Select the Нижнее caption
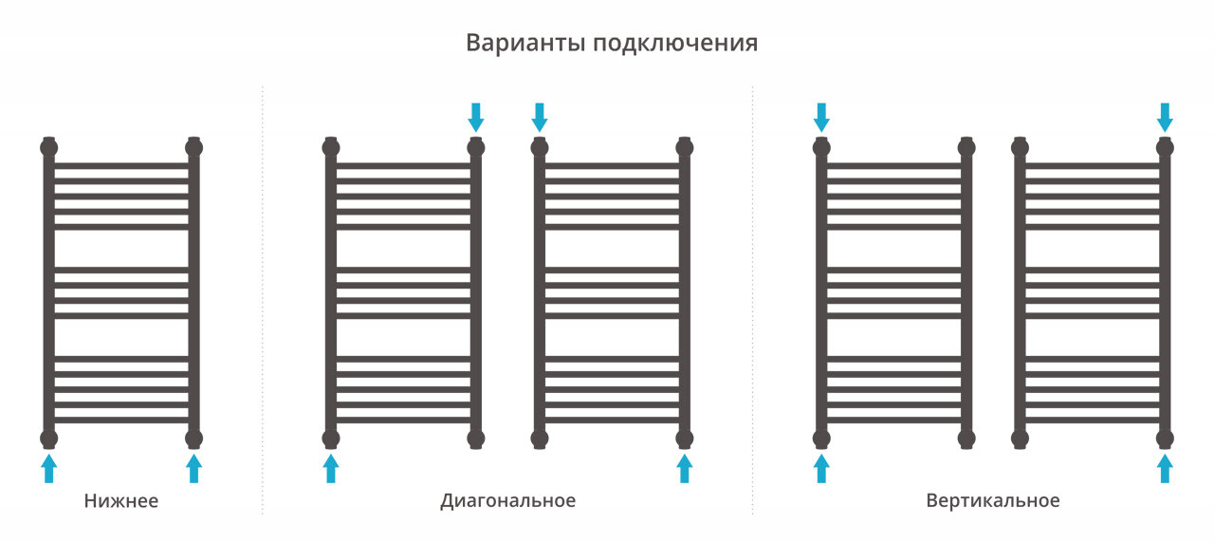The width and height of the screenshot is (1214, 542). tap(121, 500)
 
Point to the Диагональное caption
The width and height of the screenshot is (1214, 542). tap(507, 500)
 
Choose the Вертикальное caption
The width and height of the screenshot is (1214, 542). tap(993, 500)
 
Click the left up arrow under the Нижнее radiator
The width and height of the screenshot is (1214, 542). tap(49, 468)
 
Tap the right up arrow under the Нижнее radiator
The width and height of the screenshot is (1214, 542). tap(194, 468)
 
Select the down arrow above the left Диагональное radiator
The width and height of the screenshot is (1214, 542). tap(476, 117)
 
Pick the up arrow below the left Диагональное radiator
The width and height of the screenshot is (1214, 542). tap(331, 468)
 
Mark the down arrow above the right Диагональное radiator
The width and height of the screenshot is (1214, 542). tap(540, 117)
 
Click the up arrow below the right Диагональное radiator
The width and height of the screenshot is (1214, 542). tap(685, 468)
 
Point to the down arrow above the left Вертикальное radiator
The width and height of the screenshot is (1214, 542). tap(822, 117)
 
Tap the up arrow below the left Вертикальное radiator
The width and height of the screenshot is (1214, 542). tap(822, 468)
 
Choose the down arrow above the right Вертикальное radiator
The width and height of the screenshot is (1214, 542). tap(1166, 117)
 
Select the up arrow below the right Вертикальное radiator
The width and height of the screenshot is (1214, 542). tap(1166, 468)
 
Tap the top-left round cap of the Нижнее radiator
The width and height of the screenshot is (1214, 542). tap(49, 147)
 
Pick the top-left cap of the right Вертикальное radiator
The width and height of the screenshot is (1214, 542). tap(1021, 147)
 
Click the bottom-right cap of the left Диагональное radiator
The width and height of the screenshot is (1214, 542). tap(476, 438)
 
